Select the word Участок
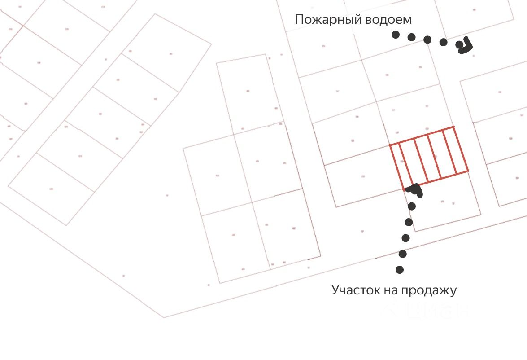click(356, 290)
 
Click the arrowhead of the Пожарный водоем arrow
click(464, 45)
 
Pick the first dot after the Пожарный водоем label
click(395, 35)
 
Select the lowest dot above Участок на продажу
click(399, 270)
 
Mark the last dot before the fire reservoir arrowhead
click(443, 42)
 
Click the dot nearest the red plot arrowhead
click(412, 206)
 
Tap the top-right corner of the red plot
click(453, 127)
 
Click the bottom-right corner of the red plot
click(468, 171)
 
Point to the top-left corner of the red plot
click(390, 145)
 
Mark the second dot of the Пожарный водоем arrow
click(411, 37)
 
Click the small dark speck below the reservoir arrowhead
click(473, 56)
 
